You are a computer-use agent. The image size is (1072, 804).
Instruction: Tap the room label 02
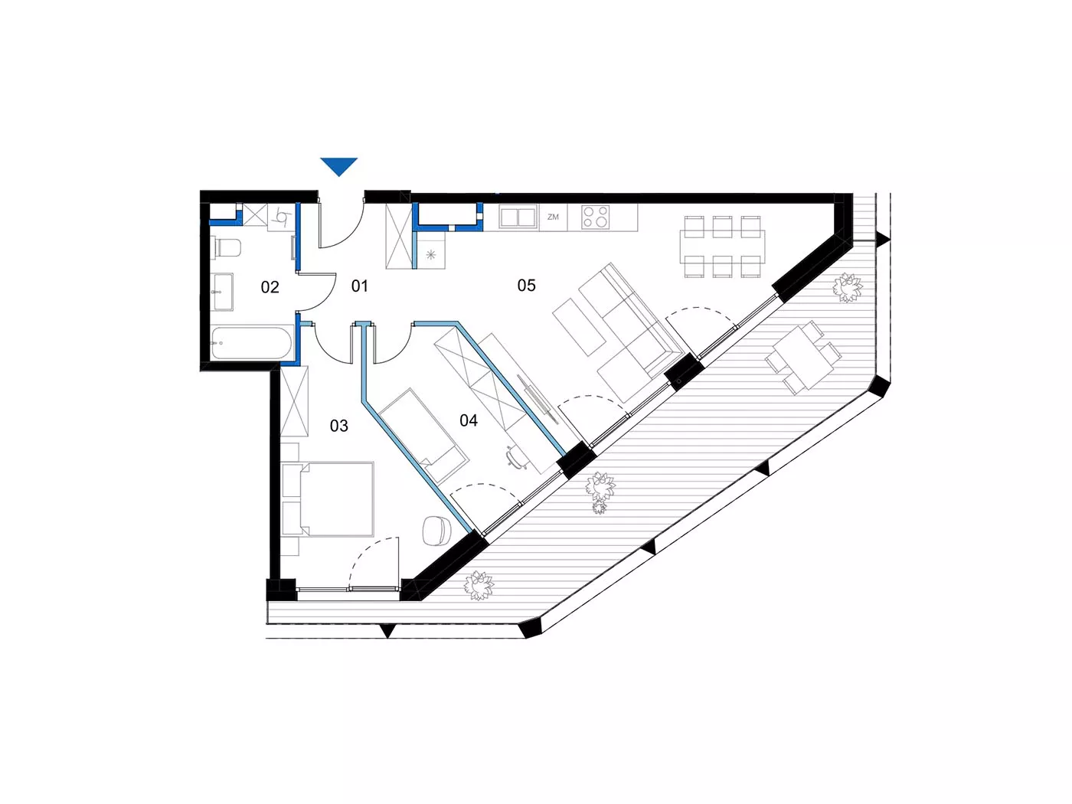coord(270,287)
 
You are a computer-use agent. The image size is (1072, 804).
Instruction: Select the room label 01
coord(359,286)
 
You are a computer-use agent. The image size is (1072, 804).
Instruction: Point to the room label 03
coord(339,426)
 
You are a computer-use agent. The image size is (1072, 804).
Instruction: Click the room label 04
coord(469,420)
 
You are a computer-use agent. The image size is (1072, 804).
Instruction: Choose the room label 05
coord(527,285)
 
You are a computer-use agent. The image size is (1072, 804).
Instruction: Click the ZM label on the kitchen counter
coord(553,217)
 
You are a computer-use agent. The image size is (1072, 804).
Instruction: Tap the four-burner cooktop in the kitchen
coord(596,217)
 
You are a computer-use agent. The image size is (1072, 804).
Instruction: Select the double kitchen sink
coord(517,217)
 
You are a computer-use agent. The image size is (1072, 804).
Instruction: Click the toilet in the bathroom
coord(226,247)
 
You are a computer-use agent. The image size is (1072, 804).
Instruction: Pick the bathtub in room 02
coord(251,344)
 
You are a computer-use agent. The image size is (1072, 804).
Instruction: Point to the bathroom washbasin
coord(224,292)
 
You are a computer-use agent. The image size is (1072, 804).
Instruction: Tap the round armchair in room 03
coord(436,531)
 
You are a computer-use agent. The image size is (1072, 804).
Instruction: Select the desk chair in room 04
coord(514,457)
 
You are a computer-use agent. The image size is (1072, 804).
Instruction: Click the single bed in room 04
coord(423,436)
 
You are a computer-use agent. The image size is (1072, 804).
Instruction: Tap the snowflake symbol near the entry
coord(430,254)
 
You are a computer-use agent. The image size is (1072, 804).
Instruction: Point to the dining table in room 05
coord(722,247)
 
